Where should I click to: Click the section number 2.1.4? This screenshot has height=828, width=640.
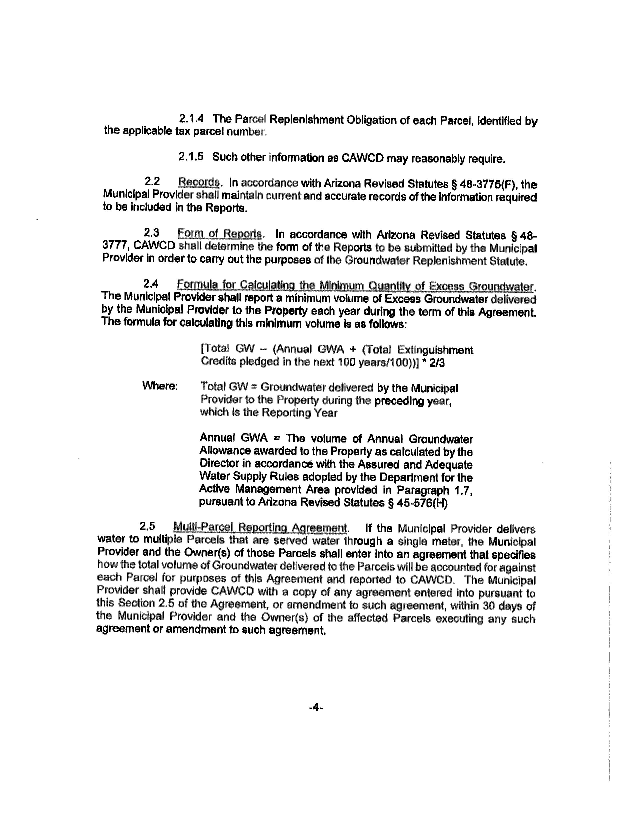[x=191, y=119]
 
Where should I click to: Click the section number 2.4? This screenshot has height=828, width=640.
[x=150, y=284]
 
